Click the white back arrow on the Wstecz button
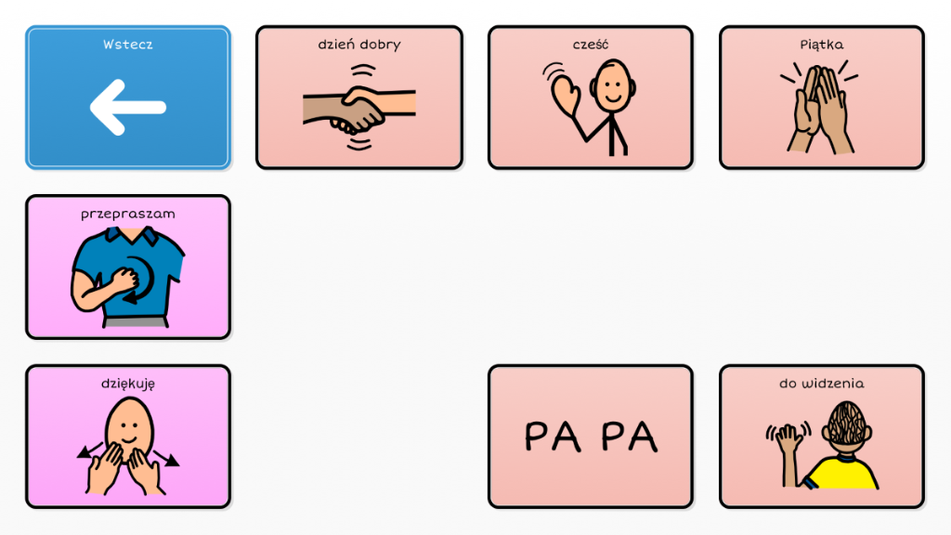[127, 108]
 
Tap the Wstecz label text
[128, 44]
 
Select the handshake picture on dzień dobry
[358, 108]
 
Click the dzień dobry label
[358, 44]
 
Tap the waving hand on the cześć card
[566, 93]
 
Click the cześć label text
[591, 44]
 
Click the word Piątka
[822, 44]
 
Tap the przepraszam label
[128, 214]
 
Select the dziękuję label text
[128, 383]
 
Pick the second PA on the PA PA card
[630, 436]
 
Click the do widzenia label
[822, 383]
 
